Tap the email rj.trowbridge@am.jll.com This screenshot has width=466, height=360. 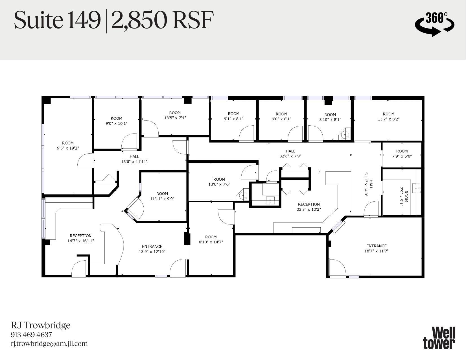click(x=49, y=344)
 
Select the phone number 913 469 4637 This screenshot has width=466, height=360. click(x=31, y=335)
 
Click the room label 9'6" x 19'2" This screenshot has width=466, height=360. click(x=68, y=145)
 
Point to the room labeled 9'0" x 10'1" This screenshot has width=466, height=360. click(x=116, y=121)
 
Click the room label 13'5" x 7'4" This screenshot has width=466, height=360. click(x=175, y=115)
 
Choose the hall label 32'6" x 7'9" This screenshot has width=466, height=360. click(x=290, y=153)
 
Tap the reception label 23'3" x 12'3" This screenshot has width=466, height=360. click(x=309, y=207)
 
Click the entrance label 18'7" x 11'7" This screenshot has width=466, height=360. click(x=376, y=248)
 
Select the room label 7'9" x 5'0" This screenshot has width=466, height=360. click(x=402, y=153)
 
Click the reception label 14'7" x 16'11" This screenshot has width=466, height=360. click(x=80, y=238)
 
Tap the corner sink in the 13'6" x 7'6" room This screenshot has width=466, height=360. click(x=243, y=195)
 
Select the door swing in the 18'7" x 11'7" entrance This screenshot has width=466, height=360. click(x=336, y=267)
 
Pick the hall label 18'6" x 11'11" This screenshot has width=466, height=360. click(x=134, y=159)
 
